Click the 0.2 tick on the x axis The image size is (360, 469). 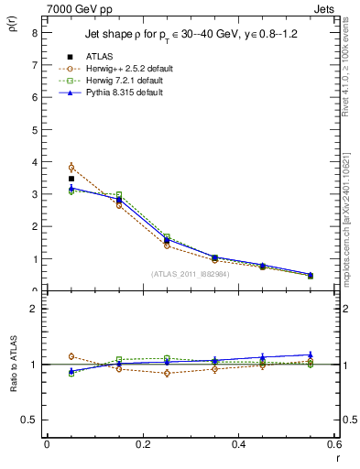click(142, 444)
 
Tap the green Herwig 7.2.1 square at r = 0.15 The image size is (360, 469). click(119, 195)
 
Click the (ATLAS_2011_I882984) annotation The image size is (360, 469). click(190, 274)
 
